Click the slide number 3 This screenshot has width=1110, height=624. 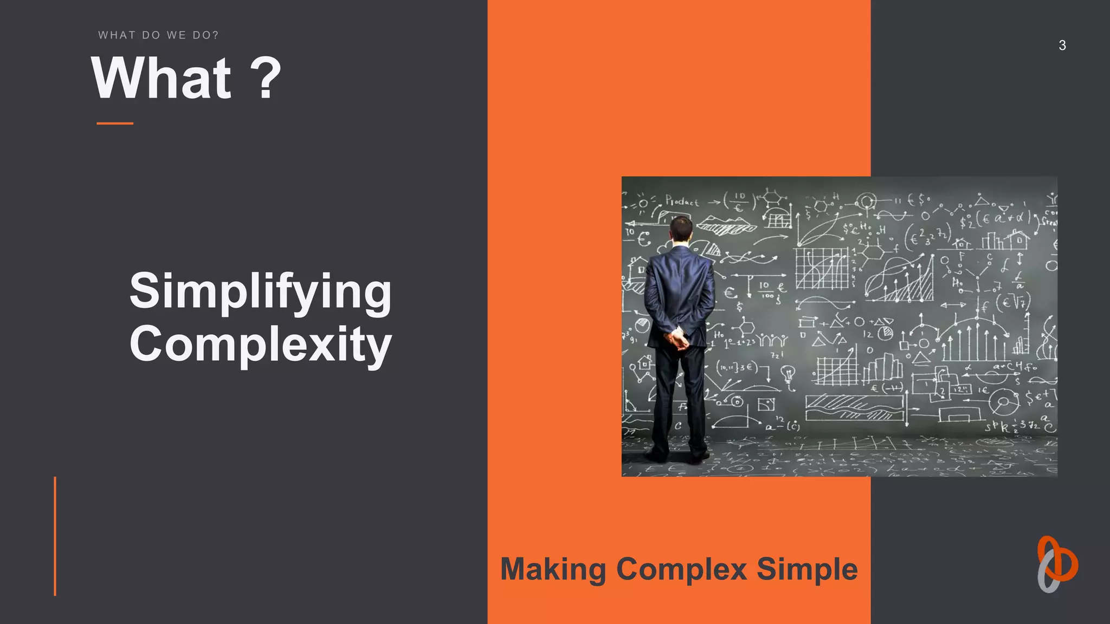(1062, 45)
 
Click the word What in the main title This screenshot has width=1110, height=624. (162, 79)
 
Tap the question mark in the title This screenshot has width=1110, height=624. (266, 79)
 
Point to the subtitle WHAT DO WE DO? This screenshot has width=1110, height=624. (158, 35)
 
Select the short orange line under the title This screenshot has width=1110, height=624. (115, 123)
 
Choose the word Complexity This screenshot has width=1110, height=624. (260, 344)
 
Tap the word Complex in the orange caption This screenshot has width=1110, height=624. (682, 570)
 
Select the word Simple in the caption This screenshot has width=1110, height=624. (807, 570)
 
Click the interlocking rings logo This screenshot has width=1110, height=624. (1057, 564)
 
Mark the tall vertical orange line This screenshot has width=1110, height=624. (55, 536)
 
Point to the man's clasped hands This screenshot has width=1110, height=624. (677, 340)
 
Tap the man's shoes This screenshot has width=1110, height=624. (677, 455)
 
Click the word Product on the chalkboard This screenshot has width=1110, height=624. (682, 201)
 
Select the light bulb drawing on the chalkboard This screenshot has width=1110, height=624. (788, 373)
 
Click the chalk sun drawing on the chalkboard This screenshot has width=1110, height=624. (643, 204)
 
